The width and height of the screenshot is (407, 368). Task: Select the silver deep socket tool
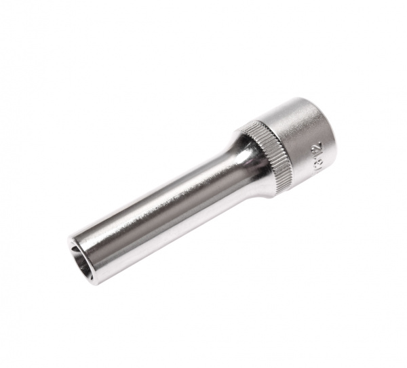click(203, 190)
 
